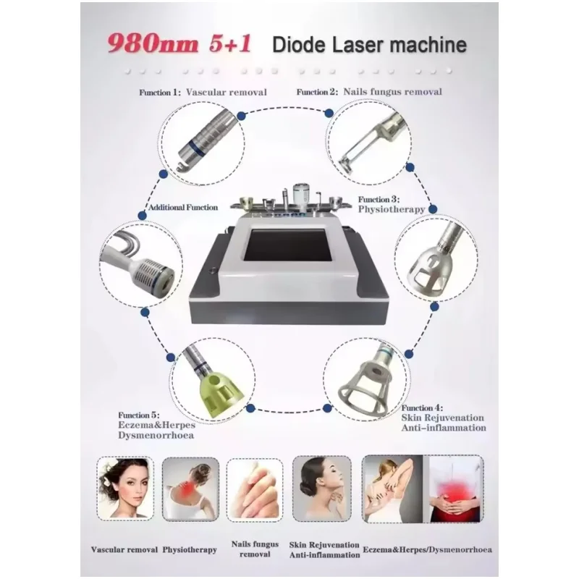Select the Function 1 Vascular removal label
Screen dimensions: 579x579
(203, 93)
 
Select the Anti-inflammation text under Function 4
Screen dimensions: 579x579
(443, 428)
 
